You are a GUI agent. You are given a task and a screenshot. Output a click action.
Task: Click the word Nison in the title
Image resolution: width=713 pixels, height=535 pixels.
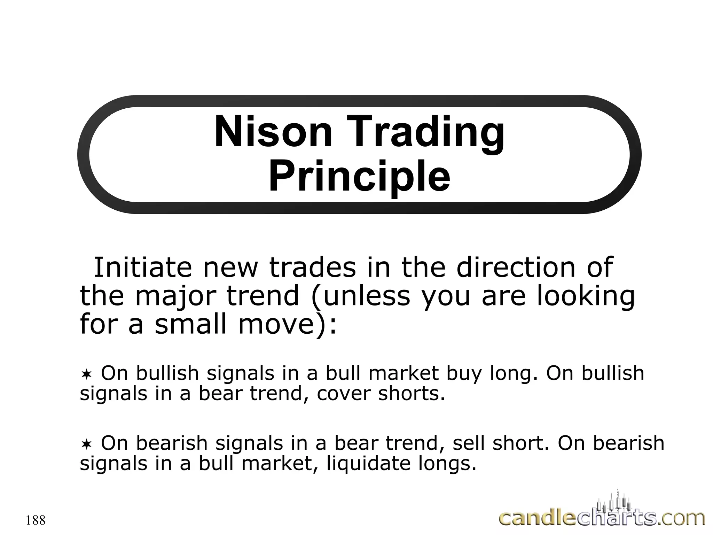(273, 132)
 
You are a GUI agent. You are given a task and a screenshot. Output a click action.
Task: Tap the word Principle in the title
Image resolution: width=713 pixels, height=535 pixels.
(359, 177)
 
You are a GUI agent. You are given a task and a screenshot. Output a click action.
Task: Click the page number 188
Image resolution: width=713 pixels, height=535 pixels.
(36, 520)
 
